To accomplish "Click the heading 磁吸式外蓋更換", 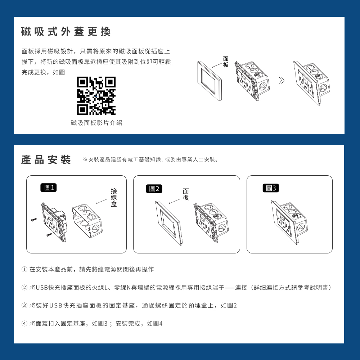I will (x=66, y=32).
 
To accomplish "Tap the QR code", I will (x=96, y=96).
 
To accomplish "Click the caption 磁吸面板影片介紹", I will (x=96, y=123).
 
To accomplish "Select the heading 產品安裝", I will (x=46, y=160).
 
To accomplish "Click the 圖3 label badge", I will (x=270, y=188).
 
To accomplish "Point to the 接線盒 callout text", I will (x=114, y=197).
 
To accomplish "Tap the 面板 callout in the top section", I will (x=226, y=62).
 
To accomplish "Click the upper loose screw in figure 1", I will (x=34, y=220).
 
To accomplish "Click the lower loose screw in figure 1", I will (x=49, y=235).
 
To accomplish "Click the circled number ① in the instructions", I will (x=24, y=270).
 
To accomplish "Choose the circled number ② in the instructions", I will (x=24, y=288).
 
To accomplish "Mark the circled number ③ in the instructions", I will (x=24, y=306).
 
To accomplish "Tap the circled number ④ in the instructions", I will (x=24, y=324).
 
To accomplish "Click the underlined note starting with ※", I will (x=151, y=159).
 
